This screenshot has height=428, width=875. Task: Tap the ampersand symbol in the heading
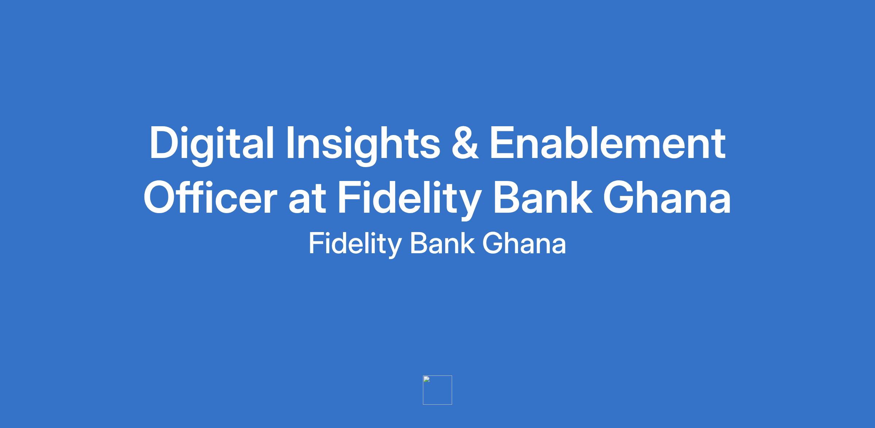(465, 143)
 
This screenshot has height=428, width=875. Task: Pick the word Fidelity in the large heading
(409, 199)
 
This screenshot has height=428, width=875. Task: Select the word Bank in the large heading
(542, 197)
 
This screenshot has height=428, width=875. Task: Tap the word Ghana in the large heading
(667, 197)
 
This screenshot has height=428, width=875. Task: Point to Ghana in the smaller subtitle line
(524, 243)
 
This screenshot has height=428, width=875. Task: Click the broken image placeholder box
(437, 390)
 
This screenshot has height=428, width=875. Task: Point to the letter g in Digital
(211, 151)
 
